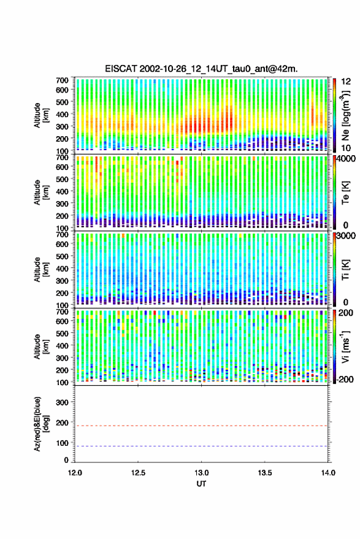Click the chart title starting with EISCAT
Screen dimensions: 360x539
pos(201,69)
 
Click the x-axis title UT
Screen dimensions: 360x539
pos(201,484)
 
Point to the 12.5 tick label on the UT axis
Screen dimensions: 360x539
pos(138,473)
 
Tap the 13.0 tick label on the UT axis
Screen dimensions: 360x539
pos(201,473)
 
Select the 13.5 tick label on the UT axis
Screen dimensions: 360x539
pos(264,473)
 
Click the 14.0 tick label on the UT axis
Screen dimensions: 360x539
pos(327,473)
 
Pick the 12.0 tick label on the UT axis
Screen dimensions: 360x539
pos(75,473)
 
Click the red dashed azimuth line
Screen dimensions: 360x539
pos(201,426)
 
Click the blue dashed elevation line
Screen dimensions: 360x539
pos(201,446)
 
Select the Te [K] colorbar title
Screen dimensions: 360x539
pos(345,193)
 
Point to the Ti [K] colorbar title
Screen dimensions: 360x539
pos(345,270)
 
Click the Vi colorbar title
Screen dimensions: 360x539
pos(345,346)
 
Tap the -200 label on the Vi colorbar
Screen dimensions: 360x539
pos(344,379)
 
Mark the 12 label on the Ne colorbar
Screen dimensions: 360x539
pos(347,82)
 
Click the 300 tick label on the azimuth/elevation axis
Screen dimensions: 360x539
pos(62,402)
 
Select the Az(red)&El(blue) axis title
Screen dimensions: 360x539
pos(41,424)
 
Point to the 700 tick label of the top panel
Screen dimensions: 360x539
pos(62,80)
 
